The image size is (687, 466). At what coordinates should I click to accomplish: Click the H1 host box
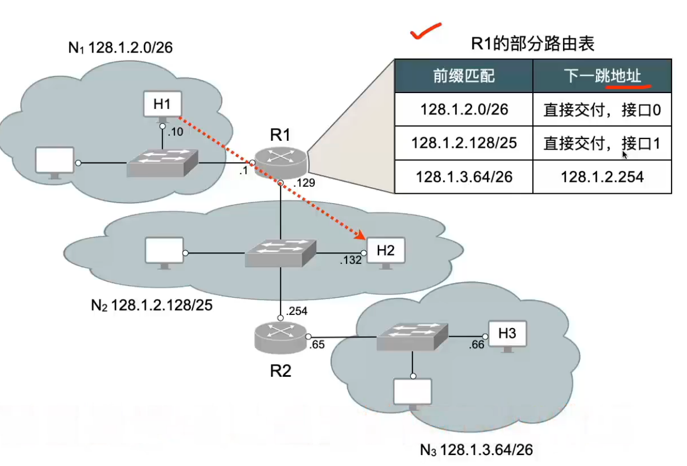pyautogui.click(x=162, y=104)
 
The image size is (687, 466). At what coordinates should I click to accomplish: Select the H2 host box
pyautogui.click(x=385, y=251)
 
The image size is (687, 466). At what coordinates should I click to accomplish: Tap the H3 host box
pyautogui.click(x=507, y=333)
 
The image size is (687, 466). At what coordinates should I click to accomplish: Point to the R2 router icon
pyautogui.click(x=280, y=336)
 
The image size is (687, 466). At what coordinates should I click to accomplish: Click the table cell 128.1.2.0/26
pyautogui.click(x=464, y=110)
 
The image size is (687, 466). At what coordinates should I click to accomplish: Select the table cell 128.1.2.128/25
pyautogui.click(x=464, y=143)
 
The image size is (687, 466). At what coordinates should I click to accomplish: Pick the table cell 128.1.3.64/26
pyautogui.click(x=464, y=177)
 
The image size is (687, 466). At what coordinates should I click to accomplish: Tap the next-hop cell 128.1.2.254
pyautogui.click(x=602, y=177)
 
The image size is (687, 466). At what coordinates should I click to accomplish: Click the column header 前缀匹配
pyautogui.click(x=464, y=76)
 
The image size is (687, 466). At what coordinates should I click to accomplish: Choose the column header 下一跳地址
pyautogui.click(x=602, y=76)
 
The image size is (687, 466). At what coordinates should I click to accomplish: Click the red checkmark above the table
pyautogui.click(x=426, y=32)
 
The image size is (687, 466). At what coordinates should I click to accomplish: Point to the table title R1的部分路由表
pyautogui.click(x=533, y=43)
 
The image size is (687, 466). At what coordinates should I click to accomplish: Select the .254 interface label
pyautogui.click(x=296, y=311)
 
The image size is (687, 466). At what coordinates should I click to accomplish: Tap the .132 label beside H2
pyautogui.click(x=351, y=260)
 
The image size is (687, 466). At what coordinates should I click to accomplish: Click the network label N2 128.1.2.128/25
pyautogui.click(x=151, y=304)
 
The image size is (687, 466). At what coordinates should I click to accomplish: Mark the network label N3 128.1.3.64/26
pyautogui.click(x=476, y=450)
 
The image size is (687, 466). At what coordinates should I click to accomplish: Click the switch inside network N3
pyautogui.click(x=412, y=336)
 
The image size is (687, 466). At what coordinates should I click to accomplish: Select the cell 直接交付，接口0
pyautogui.click(x=602, y=110)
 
